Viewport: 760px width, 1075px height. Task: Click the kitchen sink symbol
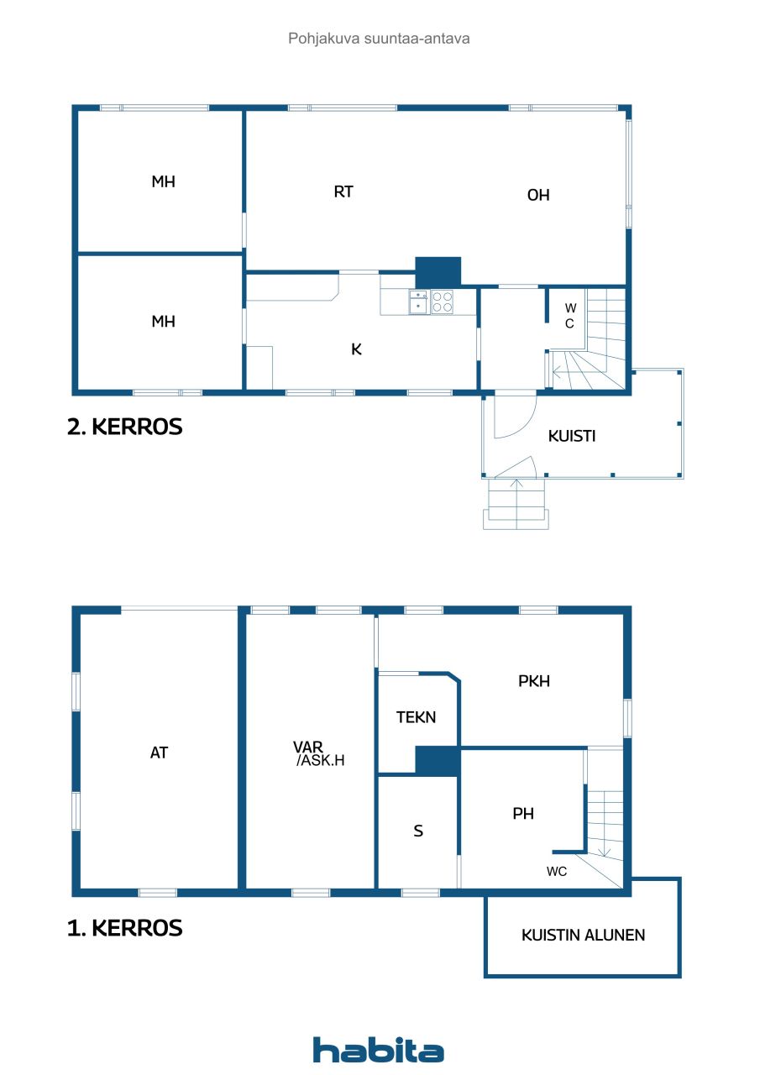tap(419, 302)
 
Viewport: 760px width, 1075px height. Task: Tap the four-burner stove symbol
tap(443, 302)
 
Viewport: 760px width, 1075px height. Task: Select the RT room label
tap(343, 191)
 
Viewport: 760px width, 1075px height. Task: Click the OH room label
tap(538, 195)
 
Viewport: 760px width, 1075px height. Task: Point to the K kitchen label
tap(356, 349)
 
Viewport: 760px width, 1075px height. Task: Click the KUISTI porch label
tap(572, 436)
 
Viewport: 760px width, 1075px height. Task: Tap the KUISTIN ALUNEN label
tap(583, 935)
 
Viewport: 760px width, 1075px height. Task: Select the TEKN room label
tap(417, 717)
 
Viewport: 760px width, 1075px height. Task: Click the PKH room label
tap(534, 681)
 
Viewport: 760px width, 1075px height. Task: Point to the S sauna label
tap(418, 831)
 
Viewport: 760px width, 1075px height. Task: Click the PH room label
tap(523, 813)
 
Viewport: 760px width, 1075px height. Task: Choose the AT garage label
tap(159, 752)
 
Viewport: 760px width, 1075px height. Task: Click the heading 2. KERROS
tap(124, 427)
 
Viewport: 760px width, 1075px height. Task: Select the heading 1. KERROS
tap(124, 928)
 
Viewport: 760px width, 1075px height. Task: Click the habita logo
tap(379, 1050)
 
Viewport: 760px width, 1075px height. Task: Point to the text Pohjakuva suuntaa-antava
tap(379, 39)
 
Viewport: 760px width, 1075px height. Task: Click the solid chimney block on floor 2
tap(438, 271)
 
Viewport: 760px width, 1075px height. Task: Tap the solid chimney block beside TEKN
tap(437, 761)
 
